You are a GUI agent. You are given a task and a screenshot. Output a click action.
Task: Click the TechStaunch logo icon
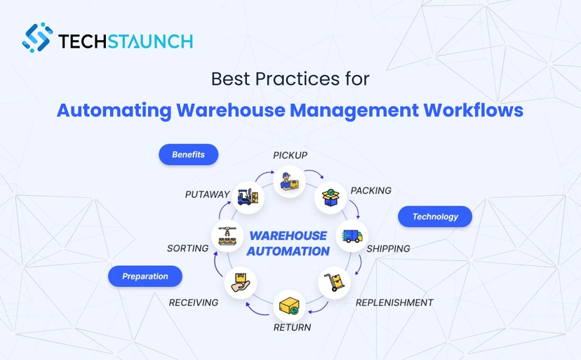pyautogui.click(x=37, y=38)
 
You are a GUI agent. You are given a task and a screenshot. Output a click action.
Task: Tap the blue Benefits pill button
pyautogui.click(x=188, y=154)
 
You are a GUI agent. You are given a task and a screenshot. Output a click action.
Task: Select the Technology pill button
pyautogui.click(x=435, y=217)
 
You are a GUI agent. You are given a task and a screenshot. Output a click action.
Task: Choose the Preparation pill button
pyautogui.click(x=145, y=276)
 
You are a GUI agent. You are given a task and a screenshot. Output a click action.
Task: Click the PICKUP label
pyautogui.click(x=290, y=155)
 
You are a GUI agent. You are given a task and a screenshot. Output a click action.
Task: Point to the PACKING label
pyautogui.click(x=370, y=191)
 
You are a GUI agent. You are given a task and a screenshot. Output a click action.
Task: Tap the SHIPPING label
pyautogui.click(x=388, y=248)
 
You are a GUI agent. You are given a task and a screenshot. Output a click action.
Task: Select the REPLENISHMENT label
pyautogui.click(x=394, y=302)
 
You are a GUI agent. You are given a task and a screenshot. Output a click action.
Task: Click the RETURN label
pyautogui.click(x=292, y=327)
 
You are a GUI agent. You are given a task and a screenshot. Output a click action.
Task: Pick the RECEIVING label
pyautogui.click(x=194, y=302)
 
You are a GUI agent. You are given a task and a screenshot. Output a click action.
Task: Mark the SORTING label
pyautogui.click(x=187, y=248)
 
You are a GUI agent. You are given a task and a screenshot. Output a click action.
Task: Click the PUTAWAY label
pyautogui.click(x=208, y=194)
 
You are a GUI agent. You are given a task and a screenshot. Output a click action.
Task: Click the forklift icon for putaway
pyautogui.click(x=247, y=197)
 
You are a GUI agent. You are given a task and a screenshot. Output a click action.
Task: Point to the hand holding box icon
pyautogui.click(x=240, y=282)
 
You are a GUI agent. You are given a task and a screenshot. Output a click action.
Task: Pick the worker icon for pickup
pyautogui.click(x=289, y=182)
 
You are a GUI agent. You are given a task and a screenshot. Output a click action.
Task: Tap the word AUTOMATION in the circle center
pyautogui.click(x=288, y=251)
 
